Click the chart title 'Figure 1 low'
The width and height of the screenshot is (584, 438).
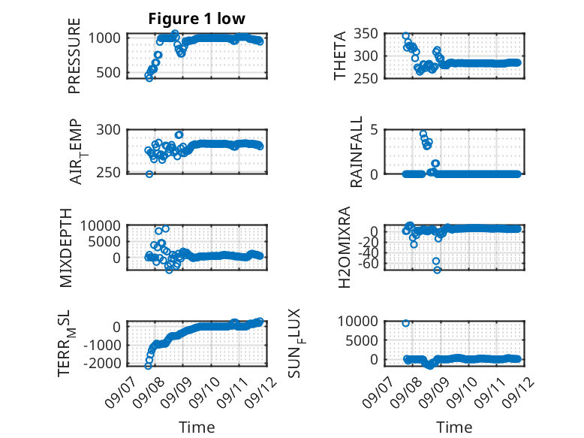[197, 19]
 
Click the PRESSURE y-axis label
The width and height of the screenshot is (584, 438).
[74, 56]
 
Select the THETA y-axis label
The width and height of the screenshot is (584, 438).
[340, 56]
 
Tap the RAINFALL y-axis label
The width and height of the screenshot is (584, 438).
[357, 152]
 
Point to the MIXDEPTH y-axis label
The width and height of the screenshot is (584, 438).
[65, 248]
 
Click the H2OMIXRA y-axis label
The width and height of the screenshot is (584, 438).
[345, 247]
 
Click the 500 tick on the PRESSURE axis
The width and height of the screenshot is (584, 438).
[108, 73]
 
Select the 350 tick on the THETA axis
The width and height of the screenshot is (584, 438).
[366, 34]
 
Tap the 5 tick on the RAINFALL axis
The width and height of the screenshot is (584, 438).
[374, 130]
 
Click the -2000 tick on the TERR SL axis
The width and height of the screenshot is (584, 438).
[102, 363]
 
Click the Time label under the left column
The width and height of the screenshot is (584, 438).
[197, 427]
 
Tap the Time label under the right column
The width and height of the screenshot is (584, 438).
[454, 427]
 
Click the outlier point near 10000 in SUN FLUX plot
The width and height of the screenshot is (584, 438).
[406, 323]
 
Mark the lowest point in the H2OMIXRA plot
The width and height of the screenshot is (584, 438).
[438, 270]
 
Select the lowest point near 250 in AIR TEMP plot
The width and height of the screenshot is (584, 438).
[149, 174]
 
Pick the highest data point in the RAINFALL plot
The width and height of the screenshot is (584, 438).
[423, 134]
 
